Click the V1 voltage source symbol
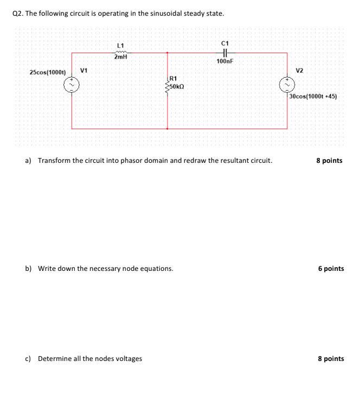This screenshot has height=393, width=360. click(72, 84)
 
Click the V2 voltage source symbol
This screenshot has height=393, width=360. click(287, 84)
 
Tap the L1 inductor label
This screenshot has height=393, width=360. click(120, 45)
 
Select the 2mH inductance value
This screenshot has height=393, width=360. click(120, 56)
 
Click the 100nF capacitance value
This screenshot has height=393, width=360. click(224, 62)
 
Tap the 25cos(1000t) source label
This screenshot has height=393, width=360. click(47, 72)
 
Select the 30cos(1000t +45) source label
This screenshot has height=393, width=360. click(313, 97)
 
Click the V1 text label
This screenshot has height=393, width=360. click(85, 70)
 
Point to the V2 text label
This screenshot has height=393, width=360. click(300, 71)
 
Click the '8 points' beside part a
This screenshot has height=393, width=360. click(330, 161)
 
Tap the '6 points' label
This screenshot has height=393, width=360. click(331, 269)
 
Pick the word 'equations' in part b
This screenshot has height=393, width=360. click(156, 269)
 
